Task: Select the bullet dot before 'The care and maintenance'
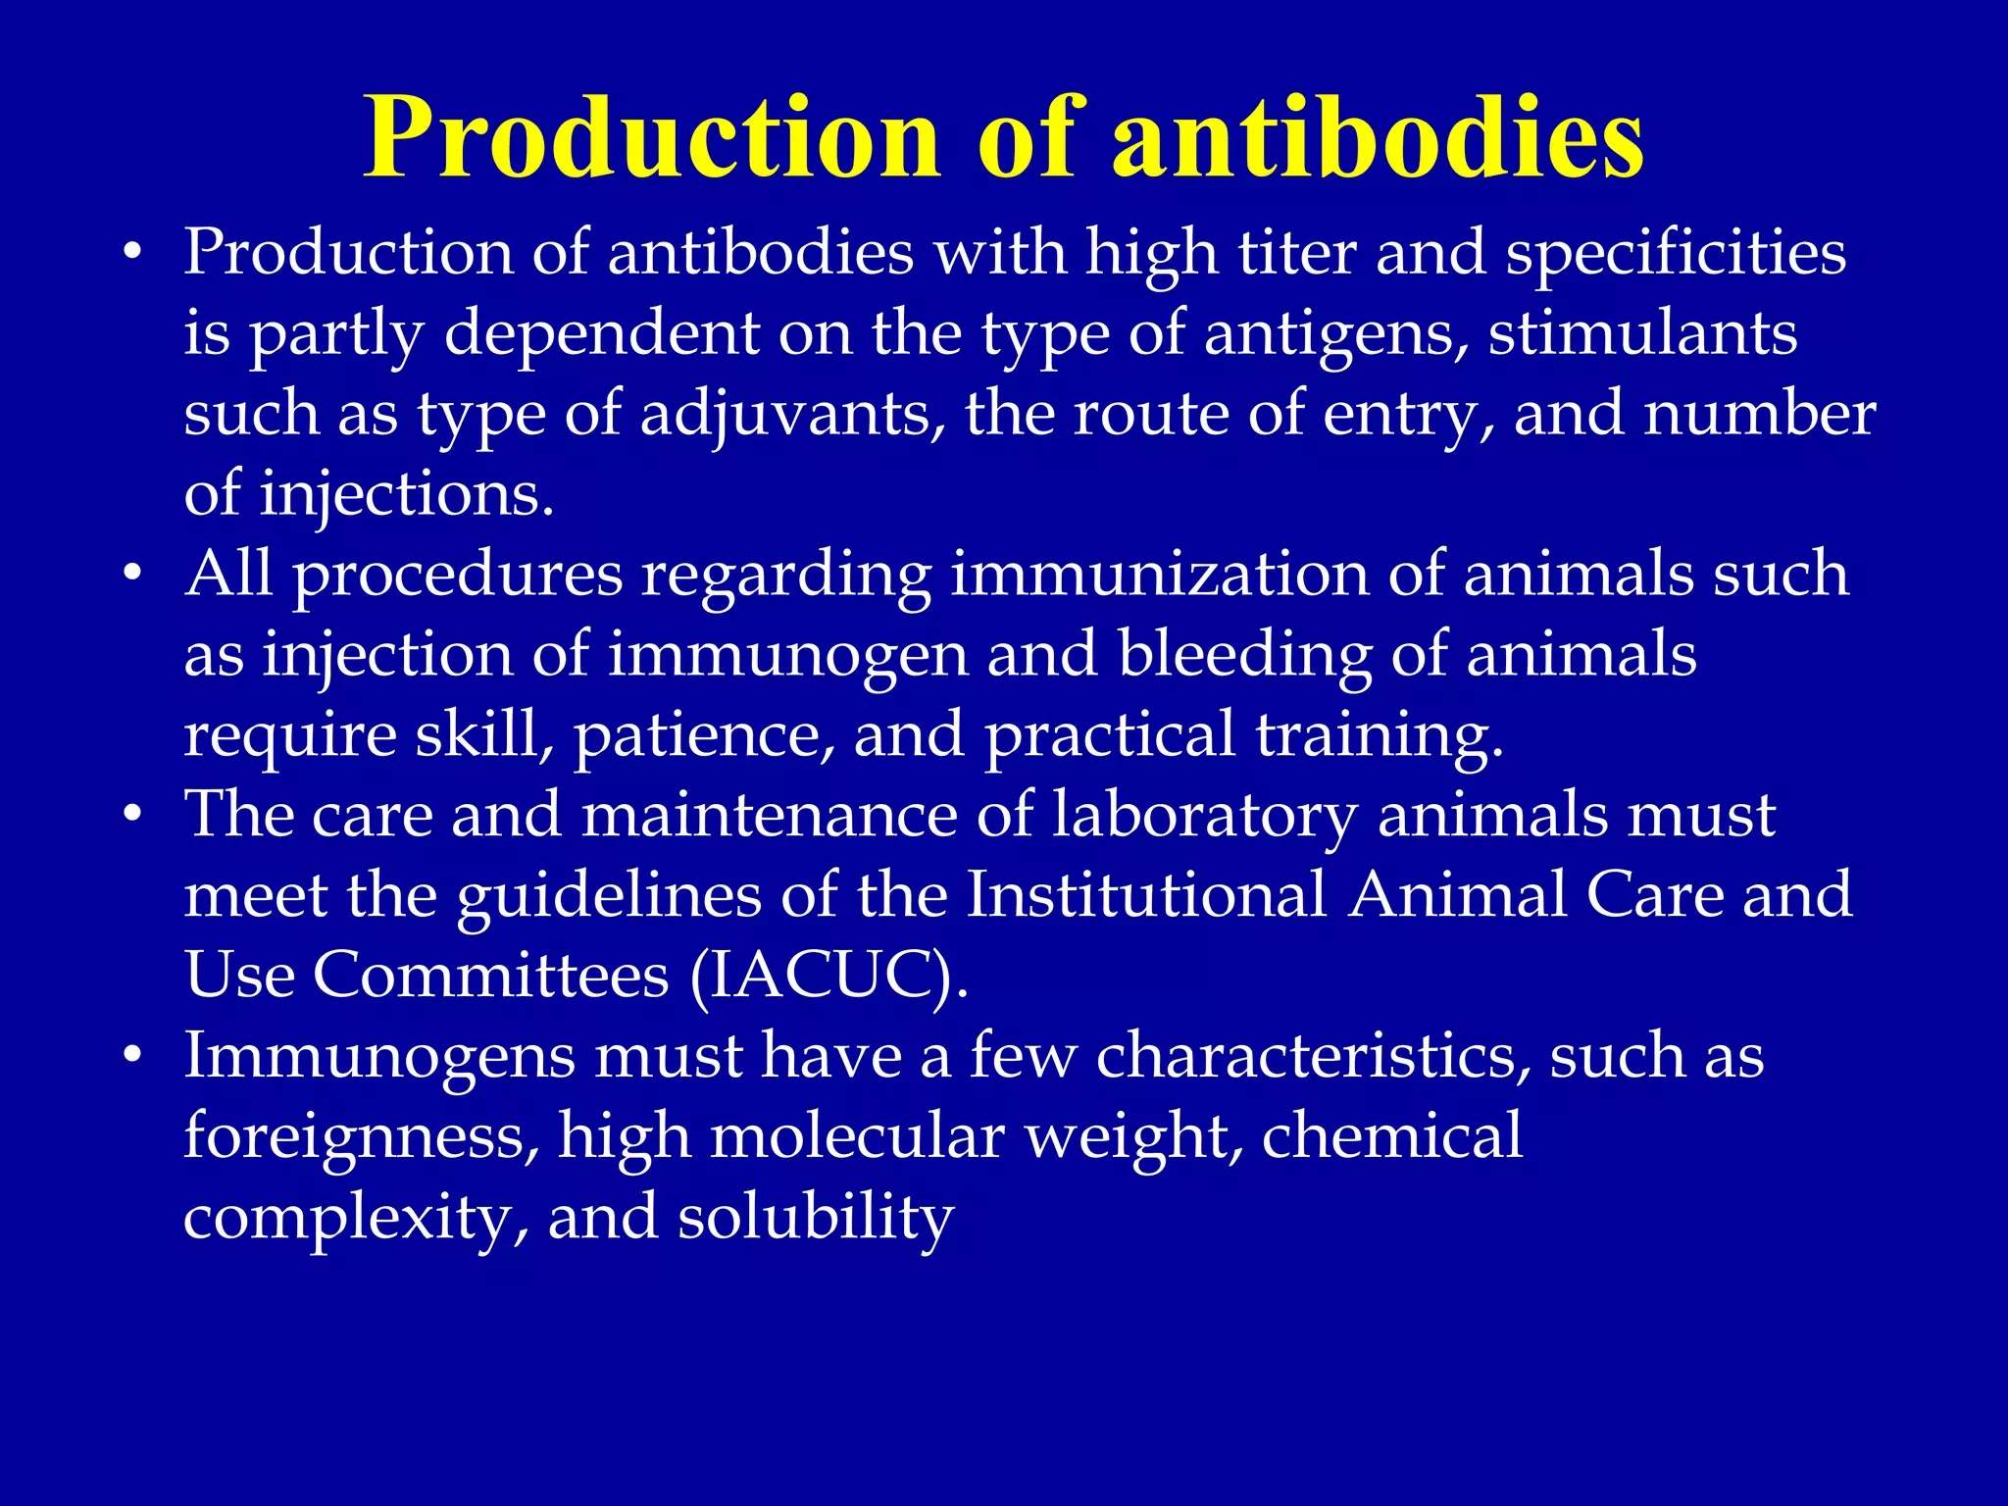point(133,815)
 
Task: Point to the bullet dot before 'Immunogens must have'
point(133,1056)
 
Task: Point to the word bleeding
point(1244,655)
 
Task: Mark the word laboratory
point(1205,816)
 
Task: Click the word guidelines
point(609,896)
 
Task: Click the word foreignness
point(361,1137)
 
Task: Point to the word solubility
point(815,1218)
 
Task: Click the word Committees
point(490,975)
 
